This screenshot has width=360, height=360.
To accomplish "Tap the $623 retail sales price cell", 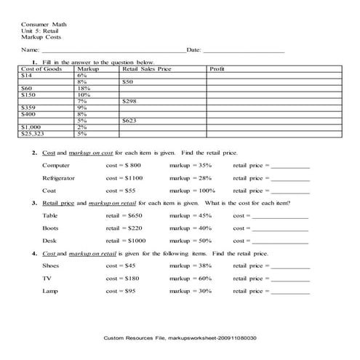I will (130, 121).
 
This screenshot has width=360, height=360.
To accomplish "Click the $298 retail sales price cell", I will (130, 101).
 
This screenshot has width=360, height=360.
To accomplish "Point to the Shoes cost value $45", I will (121, 266).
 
